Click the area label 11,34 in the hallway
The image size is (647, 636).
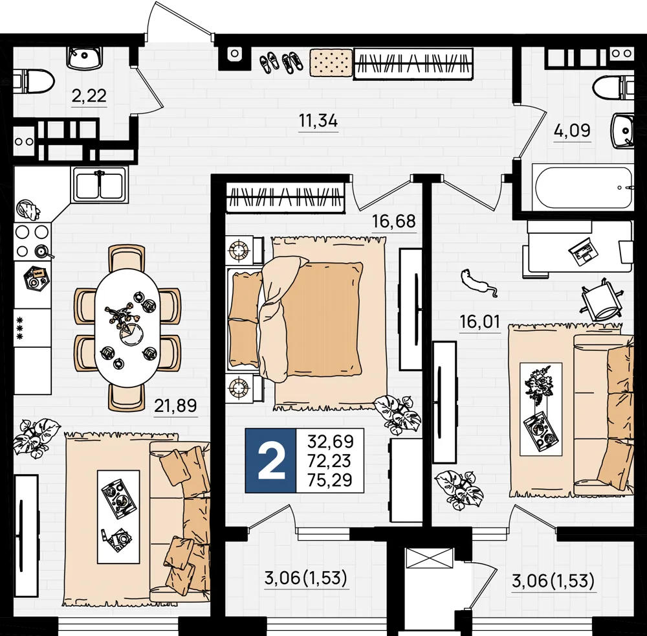pyautogui.click(x=318, y=121)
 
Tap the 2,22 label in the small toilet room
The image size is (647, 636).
pyautogui.click(x=89, y=96)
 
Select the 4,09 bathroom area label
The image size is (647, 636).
pyautogui.click(x=572, y=131)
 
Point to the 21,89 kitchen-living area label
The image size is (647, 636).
pyautogui.click(x=175, y=405)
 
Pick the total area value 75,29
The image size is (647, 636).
pyautogui.click(x=330, y=480)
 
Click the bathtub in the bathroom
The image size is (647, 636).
pyautogui.click(x=582, y=188)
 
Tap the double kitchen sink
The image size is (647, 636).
pyautogui.click(x=99, y=185)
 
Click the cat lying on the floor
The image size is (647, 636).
pyautogui.click(x=479, y=282)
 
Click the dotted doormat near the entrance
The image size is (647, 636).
pyautogui.click(x=331, y=63)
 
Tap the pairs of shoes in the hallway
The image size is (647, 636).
pyautogui.click(x=281, y=62)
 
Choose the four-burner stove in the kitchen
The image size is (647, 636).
pyautogui.click(x=32, y=242)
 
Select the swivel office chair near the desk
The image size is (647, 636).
pyautogui.click(x=602, y=301)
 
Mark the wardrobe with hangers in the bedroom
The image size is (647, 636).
pyautogui.click(x=285, y=198)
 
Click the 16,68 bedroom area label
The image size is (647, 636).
pyautogui.click(x=393, y=221)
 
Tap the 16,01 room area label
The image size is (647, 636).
pyautogui.click(x=480, y=321)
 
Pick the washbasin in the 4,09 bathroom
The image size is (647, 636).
pyautogui.click(x=622, y=131)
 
